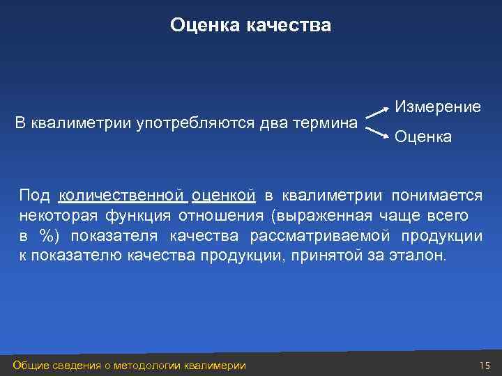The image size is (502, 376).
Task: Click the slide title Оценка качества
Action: coord(251,26)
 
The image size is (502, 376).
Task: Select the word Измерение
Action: coord(438,107)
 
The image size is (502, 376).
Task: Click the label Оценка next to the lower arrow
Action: coord(423,138)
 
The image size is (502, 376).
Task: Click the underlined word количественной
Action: coord(122,194)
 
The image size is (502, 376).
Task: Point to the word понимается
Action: coord(436,194)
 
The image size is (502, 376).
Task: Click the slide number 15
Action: coord(485,366)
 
